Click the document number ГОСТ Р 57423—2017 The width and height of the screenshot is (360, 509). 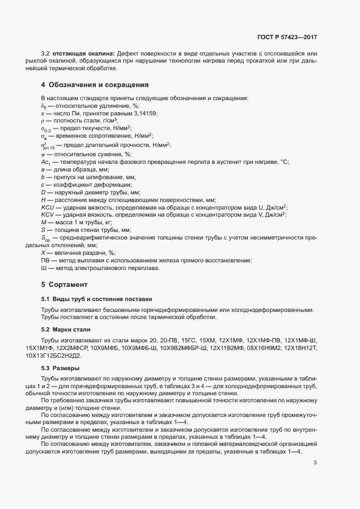[287, 38]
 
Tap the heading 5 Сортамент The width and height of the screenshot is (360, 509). [64, 285]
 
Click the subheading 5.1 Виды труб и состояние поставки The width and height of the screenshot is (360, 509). [96, 299]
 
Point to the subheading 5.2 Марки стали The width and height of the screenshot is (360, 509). [65, 329]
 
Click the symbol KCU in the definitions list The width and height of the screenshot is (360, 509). [47, 207]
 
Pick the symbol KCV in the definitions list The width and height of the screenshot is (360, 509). [47, 215]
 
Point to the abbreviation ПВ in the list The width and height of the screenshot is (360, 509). [45, 261]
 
